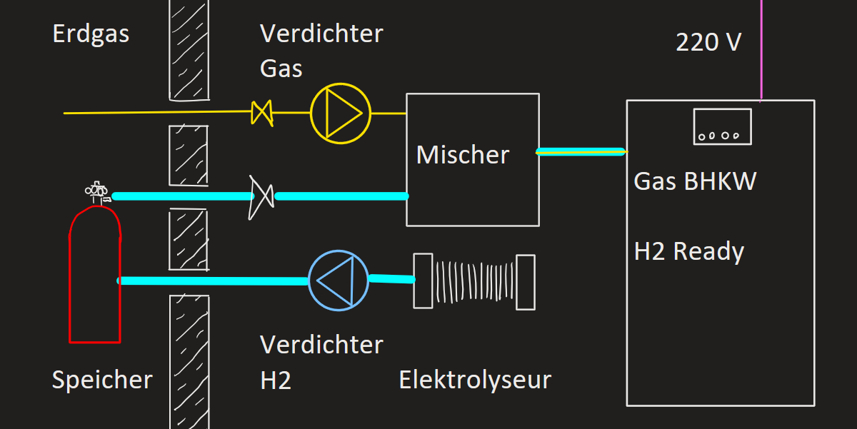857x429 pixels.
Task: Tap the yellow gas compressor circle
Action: pyautogui.click(x=311, y=113)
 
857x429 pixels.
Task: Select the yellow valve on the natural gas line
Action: pyautogui.click(x=262, y=113)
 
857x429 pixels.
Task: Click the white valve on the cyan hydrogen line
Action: pyautogui.click(x=261, y=197)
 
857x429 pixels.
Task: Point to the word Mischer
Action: pyautogui.click(x=463, y=155)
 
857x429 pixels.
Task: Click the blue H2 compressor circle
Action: pyautogui.click(x=309, y=281)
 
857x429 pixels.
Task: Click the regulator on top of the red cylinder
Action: pyautogui.click(x=98, y=192)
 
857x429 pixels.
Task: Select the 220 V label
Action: pyautogui.click(x=708, y=42)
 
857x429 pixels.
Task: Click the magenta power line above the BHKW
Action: pyautogui.click(x=761, y=50)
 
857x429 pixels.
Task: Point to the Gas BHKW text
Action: pyautogui.click(x=695, y=181)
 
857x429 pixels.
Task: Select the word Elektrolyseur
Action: pyautogui.click(x=475, y=380)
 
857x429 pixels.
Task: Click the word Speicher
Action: pyautogui.click(x=102, y=380)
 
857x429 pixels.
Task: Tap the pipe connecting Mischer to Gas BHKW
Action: pyautogui.click(x=581, y=152)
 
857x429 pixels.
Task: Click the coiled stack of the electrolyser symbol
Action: pyautogui.click(x=474, y=282)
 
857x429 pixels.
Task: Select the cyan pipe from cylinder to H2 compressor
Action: pyautogui.click(x=213, y=281)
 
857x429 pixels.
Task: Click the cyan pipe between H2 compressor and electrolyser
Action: pyautogui.click(x=392, y=278)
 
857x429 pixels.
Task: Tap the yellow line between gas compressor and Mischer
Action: pyautogui.click(x=389, y=113)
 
